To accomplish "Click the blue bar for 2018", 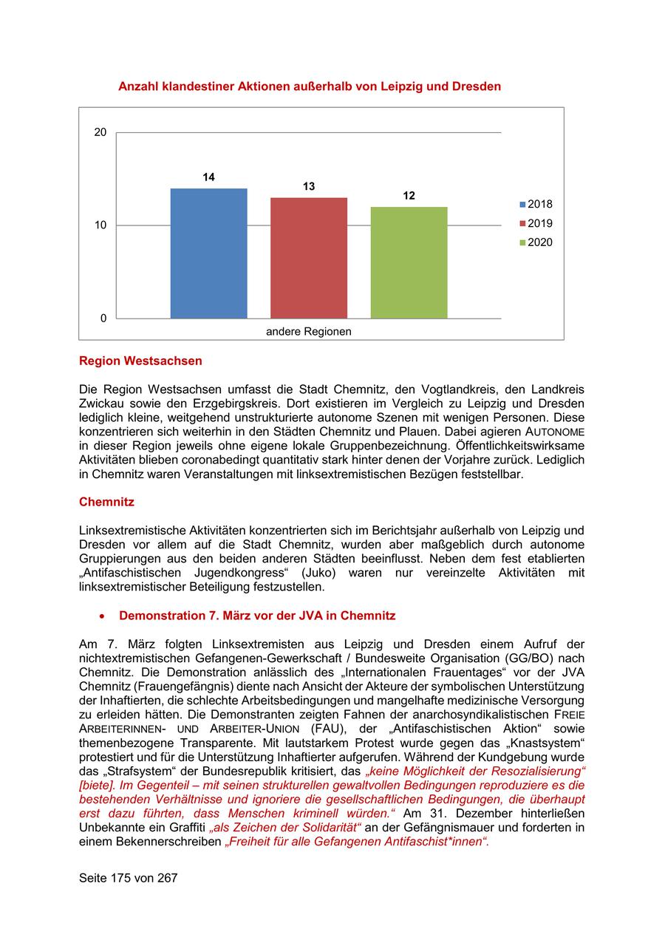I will tap(208, 253).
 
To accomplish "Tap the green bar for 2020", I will tap(409, 262).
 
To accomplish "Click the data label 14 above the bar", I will tap(209, 177).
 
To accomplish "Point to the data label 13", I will tap(309, 187).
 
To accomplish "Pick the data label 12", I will tap(409, 196).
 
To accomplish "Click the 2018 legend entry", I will tap(536, 205).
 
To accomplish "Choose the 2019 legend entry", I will tap(536, 224).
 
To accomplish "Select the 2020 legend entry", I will tap(536, 242).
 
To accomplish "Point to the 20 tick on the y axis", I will tap(100, 132).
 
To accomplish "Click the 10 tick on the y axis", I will tap(100, 225).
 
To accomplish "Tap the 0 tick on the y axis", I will tap(103, 319).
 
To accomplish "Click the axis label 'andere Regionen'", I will tap(309, 332).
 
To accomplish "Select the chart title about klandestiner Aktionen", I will tap(310, 86).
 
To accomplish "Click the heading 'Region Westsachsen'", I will tap(140, 361).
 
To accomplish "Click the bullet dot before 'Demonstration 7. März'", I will tap(103, 616).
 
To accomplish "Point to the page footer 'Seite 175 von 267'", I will tap(129, 878).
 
